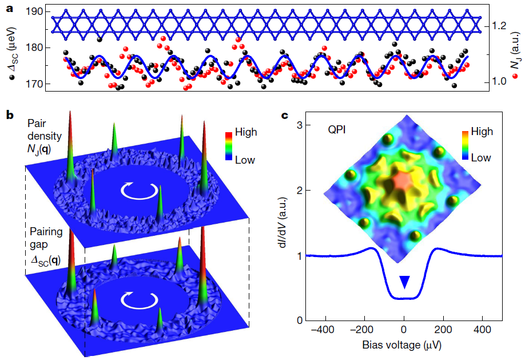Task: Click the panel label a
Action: click(x=9, y=8)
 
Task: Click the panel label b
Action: click(x=10, y=114)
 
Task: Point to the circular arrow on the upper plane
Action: click(x=136, y=192)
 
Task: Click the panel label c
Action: click(x=289, y=114)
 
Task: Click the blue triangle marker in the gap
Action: click(x=404, y=281)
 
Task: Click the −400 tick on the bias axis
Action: click(x=325, y=330)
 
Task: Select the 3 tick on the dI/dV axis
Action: click(x=299, y=125)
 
